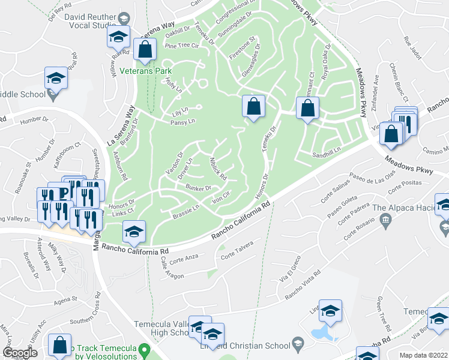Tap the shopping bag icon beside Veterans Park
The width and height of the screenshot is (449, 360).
coord(145,50)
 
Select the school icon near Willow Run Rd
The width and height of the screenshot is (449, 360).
coord(119,38)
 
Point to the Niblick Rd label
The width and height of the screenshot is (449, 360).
coord(217,169)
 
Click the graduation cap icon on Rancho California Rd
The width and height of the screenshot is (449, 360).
coord(134,232)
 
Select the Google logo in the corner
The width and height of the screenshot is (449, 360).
coord(20,353)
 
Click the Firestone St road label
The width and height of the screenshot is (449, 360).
coord(243,47)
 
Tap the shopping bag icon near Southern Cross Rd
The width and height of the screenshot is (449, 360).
coord(60,345)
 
